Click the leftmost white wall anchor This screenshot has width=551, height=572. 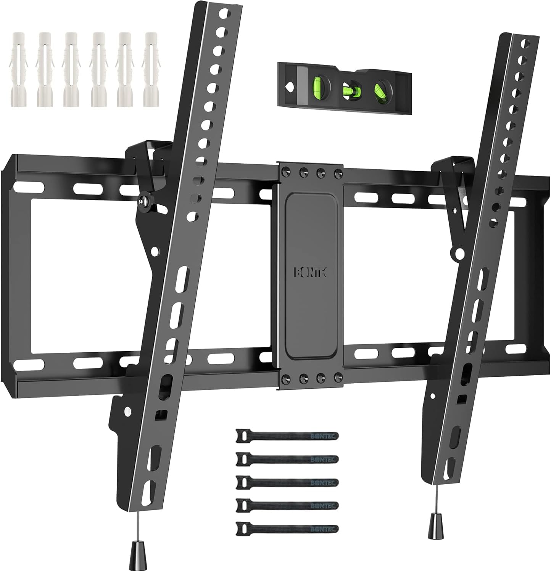(17, 74)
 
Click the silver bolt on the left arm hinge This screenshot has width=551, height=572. (143, 201)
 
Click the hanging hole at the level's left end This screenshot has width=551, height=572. (291, 87)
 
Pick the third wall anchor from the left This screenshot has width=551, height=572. (71, 74)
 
